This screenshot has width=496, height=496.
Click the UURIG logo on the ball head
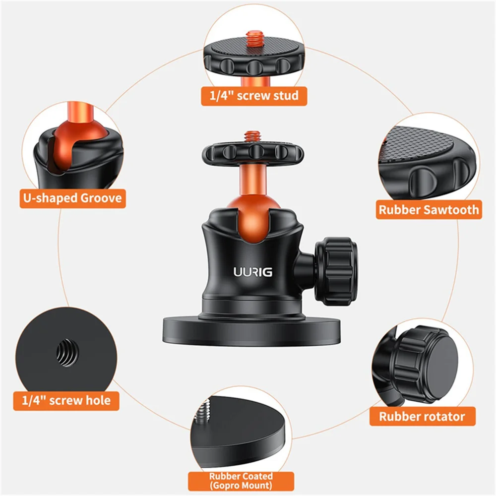coord(253,272)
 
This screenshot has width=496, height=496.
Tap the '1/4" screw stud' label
coord(254,96)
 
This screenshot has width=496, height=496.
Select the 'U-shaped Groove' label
coord(73,198)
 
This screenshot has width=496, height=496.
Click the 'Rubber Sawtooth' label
coord(429,210)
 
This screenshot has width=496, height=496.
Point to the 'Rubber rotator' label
coord(422,416)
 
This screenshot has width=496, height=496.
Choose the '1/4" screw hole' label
coord(66,401)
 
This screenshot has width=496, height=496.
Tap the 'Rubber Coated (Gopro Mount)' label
coord(241,481)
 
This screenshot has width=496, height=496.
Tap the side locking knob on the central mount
coord(336,271)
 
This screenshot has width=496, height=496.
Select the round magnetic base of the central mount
coord(252,332)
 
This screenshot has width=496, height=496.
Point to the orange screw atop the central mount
coord(252,136)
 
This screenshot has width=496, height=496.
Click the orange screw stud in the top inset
coord(255,39)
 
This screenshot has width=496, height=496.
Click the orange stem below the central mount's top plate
coord(252,180)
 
